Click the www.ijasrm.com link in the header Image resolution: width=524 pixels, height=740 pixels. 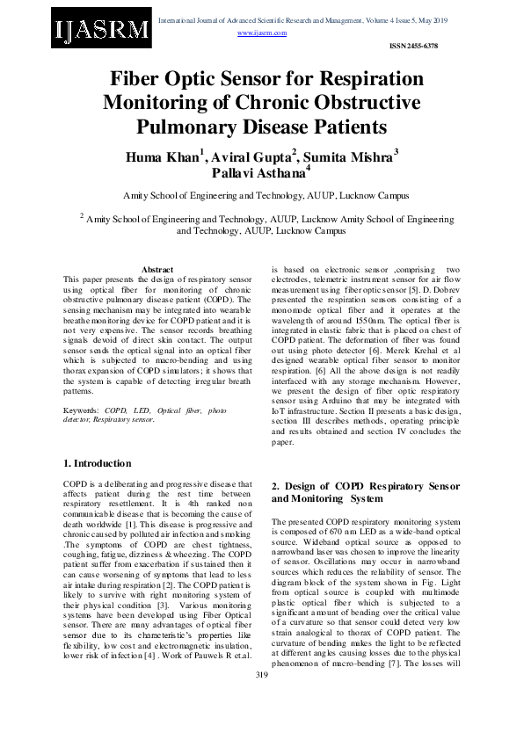pyautogui.click(x=262, y=33)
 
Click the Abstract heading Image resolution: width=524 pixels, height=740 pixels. pyautogui.click(x=157, y=269)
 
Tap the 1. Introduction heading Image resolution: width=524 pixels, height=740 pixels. pyautogui.click(x=98, y=463)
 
